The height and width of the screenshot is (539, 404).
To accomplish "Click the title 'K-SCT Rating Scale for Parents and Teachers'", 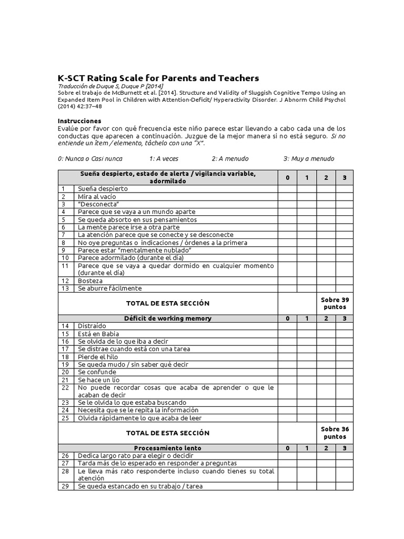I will [x=158, y=78].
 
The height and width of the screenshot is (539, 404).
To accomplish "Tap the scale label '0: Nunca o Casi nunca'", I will [x=90, y=158].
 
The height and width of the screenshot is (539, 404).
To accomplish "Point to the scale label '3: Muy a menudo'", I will [x=308, y=158].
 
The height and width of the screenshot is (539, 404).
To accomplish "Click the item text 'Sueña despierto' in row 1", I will [x=103, y=188].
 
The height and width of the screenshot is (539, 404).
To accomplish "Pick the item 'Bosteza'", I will [x=91, y=281].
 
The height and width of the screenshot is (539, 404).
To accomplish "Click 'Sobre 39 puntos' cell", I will [x=335, y=303].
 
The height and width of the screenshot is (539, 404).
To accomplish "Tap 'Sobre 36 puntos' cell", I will [x=335, y=433].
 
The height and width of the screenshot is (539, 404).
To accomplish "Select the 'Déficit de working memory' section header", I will [x=168, y=318].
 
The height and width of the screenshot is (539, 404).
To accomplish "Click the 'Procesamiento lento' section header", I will [x=168, y=448].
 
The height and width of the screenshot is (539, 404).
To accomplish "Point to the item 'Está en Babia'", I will [x=98, y=334].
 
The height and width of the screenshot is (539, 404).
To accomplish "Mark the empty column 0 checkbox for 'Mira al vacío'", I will [x=287, y=196].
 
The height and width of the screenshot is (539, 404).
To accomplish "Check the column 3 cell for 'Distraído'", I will [x=344, y=326].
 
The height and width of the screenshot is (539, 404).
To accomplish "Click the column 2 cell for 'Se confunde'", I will [x=326, y=372].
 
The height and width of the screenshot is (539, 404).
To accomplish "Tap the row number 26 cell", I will [x=66, y=455].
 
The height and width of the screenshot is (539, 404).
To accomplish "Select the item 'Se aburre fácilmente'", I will [x=109, y=288].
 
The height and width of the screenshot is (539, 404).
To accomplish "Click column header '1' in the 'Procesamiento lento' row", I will [x=307, y=448].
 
